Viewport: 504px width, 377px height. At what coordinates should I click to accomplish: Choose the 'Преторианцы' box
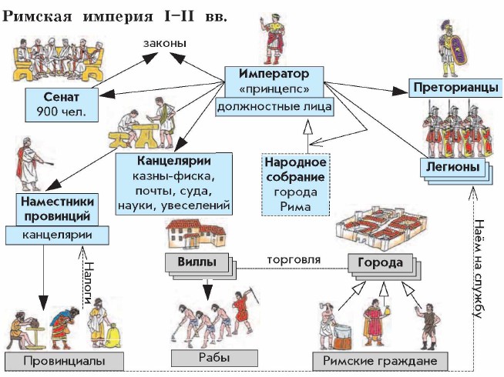tap(449, 88)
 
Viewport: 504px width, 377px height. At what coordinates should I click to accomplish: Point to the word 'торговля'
tap(292, 259)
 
